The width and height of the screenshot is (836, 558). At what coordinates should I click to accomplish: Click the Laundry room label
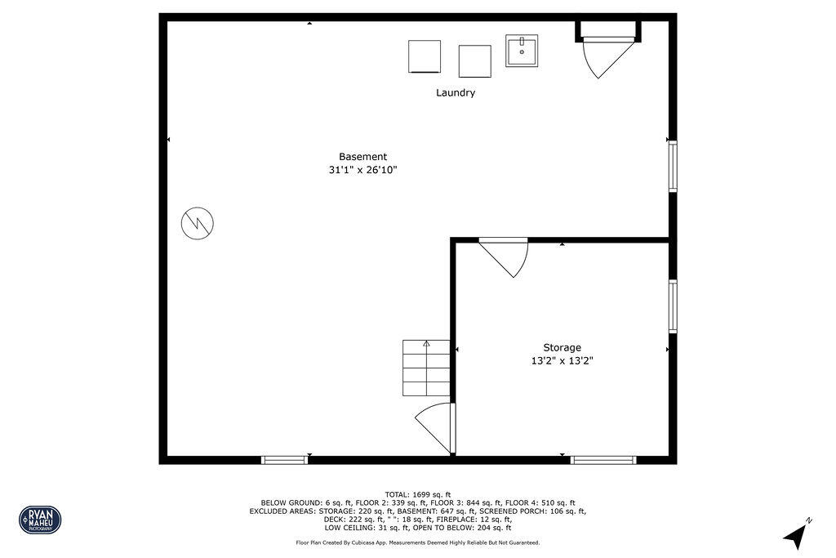tap(455, 93)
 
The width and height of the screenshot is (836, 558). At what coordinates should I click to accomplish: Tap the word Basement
tap(362, 157)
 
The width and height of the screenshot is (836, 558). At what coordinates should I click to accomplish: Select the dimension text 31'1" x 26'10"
tap(362, 170)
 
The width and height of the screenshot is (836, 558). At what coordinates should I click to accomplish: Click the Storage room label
tap(562, 347)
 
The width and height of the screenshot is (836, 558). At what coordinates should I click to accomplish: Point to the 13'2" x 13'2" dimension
tap(562, 360)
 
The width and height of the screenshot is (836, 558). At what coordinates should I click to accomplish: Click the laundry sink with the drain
tap(521, 50)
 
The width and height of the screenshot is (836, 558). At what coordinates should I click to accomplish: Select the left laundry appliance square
tap(424, 56)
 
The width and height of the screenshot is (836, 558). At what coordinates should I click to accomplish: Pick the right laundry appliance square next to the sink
tap(474, 61)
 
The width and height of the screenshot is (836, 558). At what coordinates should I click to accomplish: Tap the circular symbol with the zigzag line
tap(198, 222)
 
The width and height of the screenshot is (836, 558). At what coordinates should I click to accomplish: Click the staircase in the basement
tap(426, 367)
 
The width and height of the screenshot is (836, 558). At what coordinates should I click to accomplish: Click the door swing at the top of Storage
tap(506, 256)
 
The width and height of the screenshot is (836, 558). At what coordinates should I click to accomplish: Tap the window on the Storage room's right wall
tap(673, 306)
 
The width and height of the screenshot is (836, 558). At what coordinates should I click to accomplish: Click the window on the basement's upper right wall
tap(673, 167)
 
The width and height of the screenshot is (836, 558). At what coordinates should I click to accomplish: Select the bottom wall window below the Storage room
tap(603, 460)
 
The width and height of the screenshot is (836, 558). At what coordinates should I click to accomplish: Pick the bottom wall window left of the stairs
tap(284, 460)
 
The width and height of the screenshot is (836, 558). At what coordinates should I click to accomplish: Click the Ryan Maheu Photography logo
tap(40, 520)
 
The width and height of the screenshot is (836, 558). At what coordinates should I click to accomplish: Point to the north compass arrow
tap(795, 535)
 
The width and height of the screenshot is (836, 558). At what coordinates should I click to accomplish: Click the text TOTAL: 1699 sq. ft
tap(417, 494)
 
